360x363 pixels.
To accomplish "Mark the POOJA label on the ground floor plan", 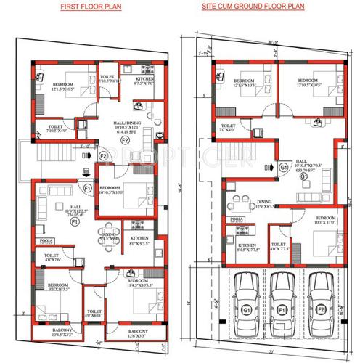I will coord(235,218).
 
